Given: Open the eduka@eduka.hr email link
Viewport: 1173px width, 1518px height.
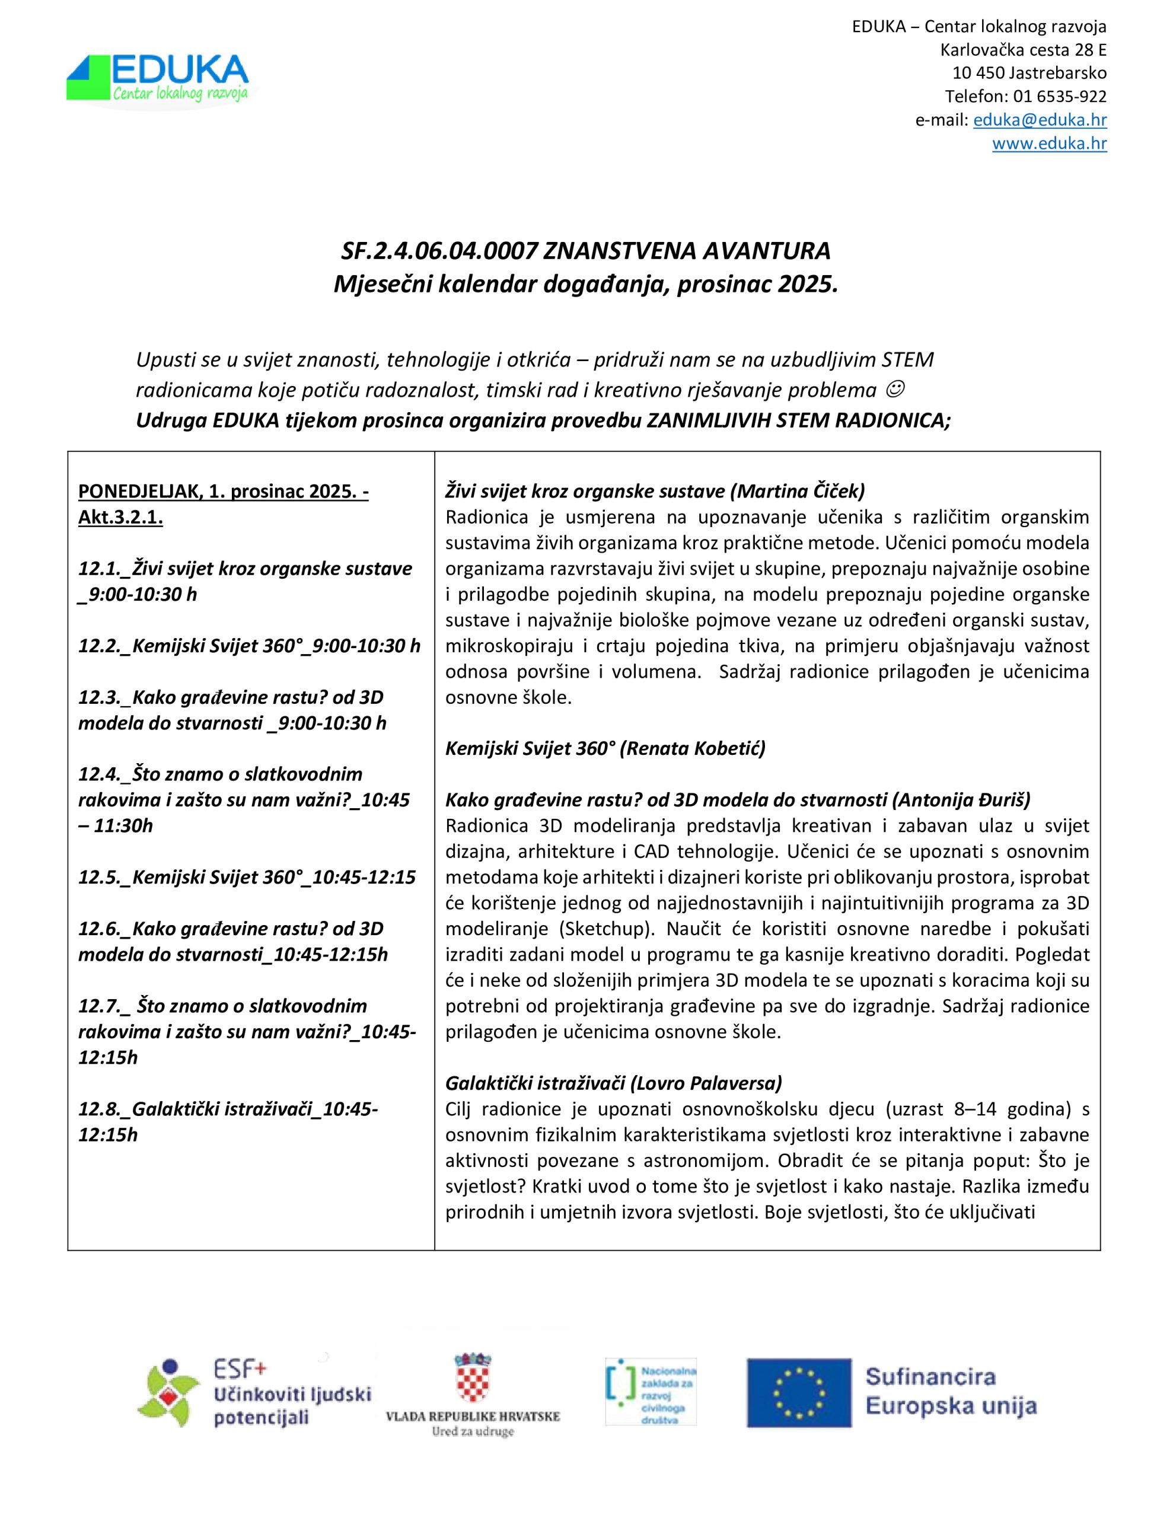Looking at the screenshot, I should (x=1040, y=120).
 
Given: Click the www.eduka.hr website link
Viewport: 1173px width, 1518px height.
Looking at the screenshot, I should (x=1048, y=144).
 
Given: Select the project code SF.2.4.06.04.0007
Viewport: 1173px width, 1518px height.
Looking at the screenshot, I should (x=439, y=251).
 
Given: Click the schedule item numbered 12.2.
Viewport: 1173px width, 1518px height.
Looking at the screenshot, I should (x=249, y=646).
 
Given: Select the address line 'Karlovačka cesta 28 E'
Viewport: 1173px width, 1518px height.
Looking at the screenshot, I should (x=1023, y=50).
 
